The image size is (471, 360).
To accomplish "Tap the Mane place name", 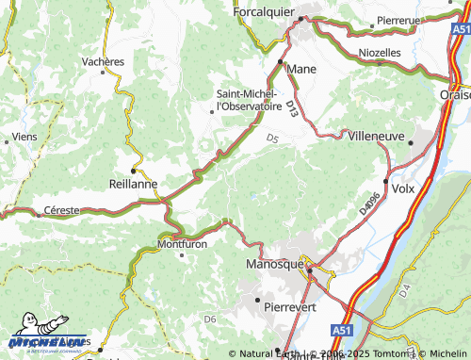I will (301, 69).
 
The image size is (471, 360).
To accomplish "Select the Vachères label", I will (103, 61).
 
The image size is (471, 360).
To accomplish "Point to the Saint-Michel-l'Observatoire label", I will (247, 99).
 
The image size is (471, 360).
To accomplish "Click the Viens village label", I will (25, 137).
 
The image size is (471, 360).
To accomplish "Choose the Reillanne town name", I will (133, 184).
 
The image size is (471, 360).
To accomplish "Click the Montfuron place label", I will (182, 243).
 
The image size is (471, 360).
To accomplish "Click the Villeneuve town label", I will (376, 136).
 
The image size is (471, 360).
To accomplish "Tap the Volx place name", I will (402, 188).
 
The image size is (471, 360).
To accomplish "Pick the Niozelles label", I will (380, 53).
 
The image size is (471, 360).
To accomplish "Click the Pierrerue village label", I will (399, 19).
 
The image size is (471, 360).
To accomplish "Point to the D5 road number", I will (272, 139).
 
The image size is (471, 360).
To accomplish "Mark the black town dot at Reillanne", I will (133, 171).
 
